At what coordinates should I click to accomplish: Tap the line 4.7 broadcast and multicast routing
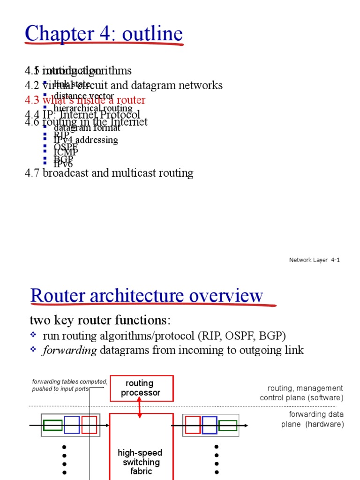point(109,173)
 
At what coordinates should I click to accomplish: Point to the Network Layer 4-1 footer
point(314,260)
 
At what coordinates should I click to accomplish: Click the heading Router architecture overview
point(147,296)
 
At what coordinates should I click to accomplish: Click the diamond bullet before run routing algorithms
point(33,335)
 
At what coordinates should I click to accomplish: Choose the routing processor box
point(142,388)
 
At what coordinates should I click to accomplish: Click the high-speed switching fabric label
point(141,462)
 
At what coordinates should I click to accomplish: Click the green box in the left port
point(52,425)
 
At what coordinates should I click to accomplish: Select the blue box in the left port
point(72,425)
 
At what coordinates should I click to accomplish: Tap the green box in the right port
point(228,425)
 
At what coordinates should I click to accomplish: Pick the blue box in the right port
point(210,425)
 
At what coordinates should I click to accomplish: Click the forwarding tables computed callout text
point(70,385)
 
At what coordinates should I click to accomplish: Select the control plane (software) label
point(301,398)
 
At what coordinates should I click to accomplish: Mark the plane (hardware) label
point(312,424)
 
